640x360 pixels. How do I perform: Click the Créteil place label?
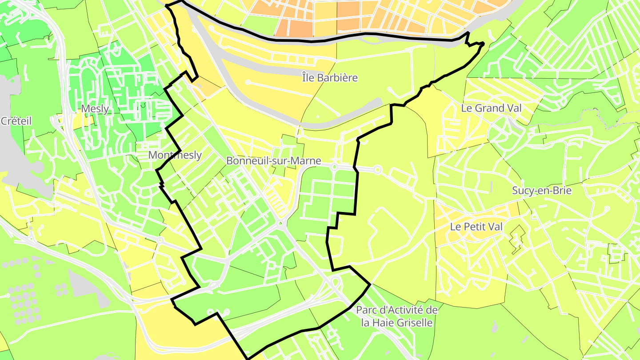coord(16,121)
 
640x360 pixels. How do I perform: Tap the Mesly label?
coord(95,109)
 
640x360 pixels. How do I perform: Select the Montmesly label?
coord(175,155)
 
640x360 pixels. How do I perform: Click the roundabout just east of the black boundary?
coord(378,169)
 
